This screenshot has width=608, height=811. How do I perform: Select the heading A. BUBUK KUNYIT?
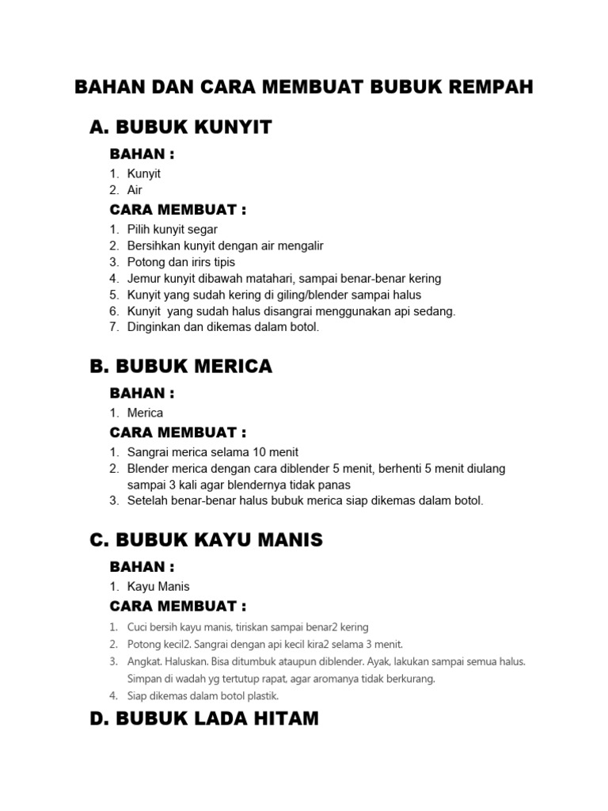tap(180, 128)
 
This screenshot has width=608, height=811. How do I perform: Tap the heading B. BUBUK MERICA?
tap(180, 366)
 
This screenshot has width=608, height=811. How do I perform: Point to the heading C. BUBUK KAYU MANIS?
tap(206, 540)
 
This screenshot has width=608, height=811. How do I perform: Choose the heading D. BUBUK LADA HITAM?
tap(204, 718)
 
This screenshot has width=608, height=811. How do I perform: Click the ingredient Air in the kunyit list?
tap(135, 190)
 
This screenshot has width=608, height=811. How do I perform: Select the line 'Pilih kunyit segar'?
tap(173, 230)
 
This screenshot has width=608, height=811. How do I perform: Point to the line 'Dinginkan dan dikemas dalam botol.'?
tap(223, 328)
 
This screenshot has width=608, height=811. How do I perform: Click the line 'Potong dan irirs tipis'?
tap(181, 262)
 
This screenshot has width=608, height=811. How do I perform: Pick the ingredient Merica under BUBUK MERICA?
tap(145, 413)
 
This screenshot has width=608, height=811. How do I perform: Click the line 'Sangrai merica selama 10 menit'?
tap(213, 452)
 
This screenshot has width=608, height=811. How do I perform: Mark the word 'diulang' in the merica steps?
tap(484, 469)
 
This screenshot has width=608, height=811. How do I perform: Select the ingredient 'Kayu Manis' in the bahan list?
tap(158, 587)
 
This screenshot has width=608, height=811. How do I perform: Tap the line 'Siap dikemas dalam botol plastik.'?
tap(203, 696)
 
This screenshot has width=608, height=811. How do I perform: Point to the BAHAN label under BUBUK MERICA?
tap(142, 393)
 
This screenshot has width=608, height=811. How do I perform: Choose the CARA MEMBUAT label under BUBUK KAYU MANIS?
tap(178, 607)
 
